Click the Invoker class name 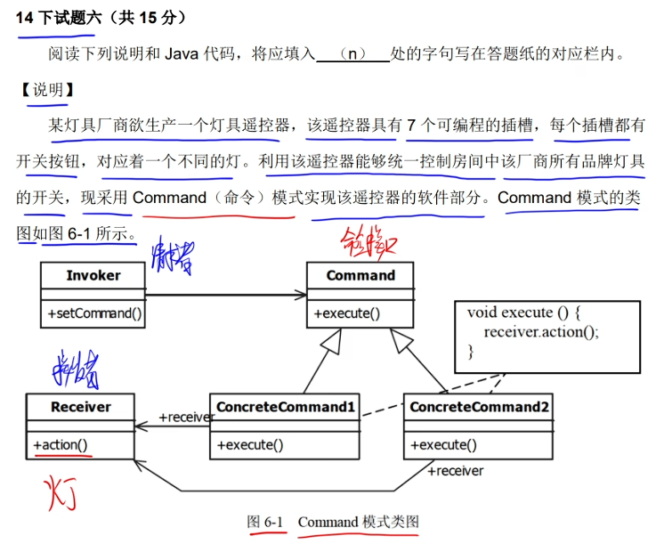pos(93,276)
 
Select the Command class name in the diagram pos(360,276)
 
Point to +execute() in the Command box pos(346,313)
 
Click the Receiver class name pos(80,407)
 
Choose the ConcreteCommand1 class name pos(285,407)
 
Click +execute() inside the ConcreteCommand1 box pos(249,444)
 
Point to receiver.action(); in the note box pos(541,332)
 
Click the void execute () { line pos(523,312)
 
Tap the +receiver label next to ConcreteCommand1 pos(186,417)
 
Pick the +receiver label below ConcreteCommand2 pos(455,471)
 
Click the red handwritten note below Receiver pos(61,492)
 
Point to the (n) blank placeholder pos(353,53)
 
